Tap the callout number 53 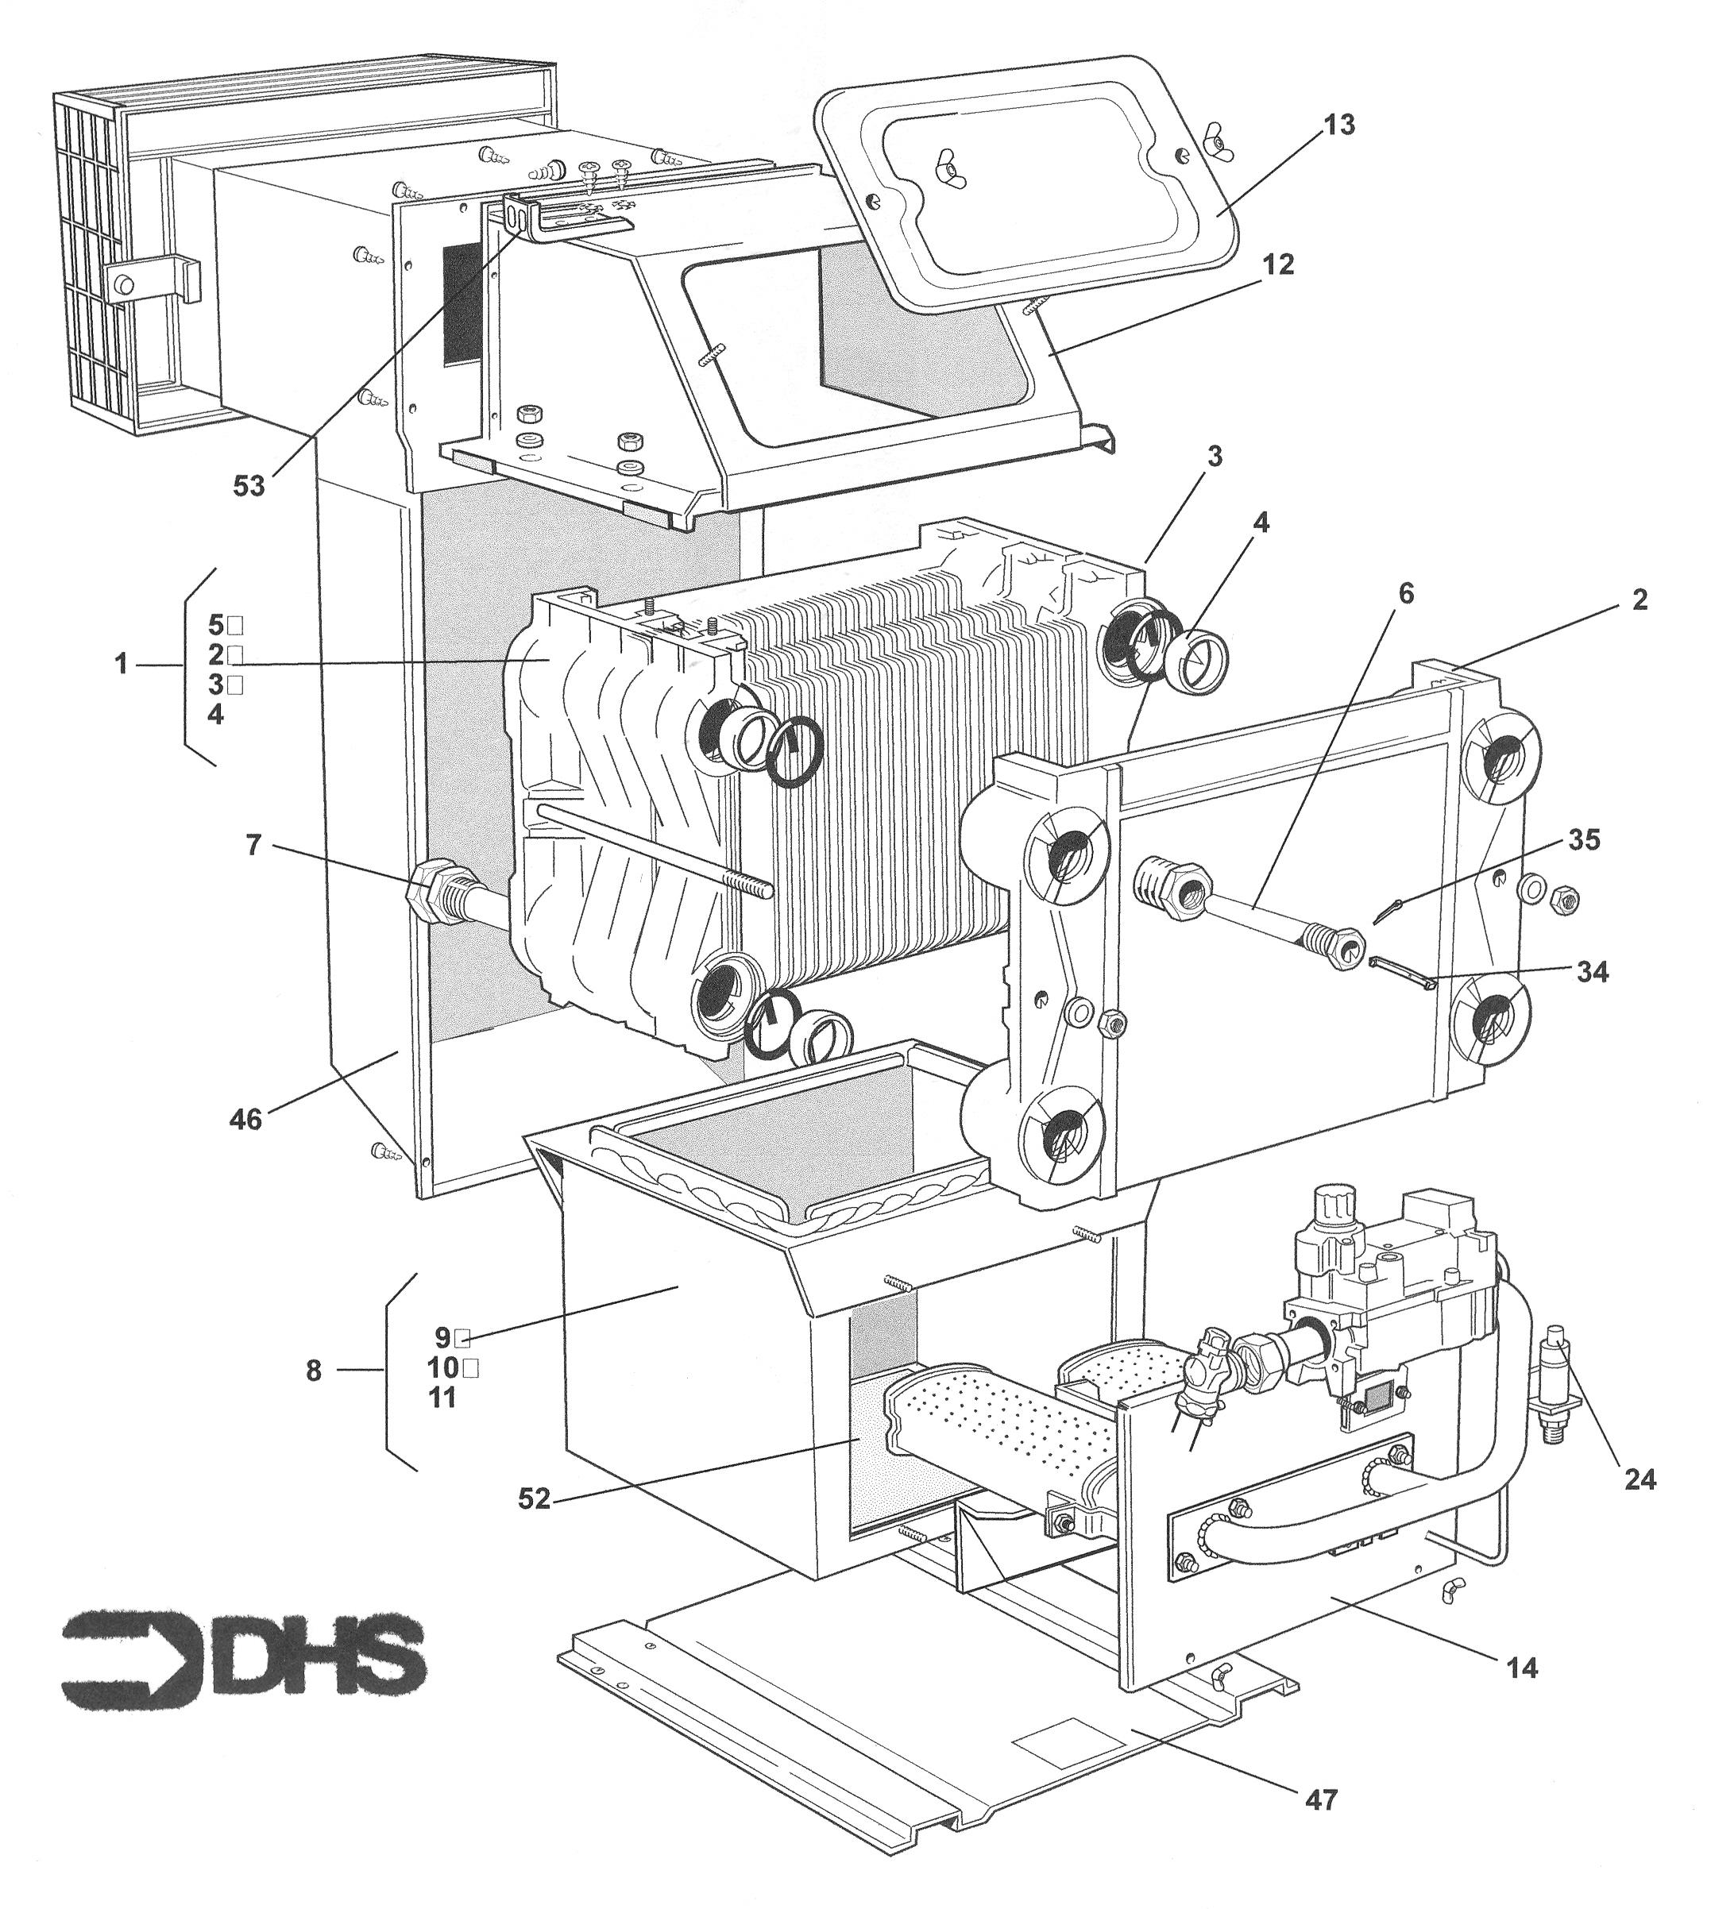coord(250,487)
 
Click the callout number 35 coord(1584,839)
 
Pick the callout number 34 coord(1592,972)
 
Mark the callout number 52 coord(533,1499)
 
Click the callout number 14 coord(1522,1668)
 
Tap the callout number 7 coord(252,845)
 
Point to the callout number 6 coord(1407,593)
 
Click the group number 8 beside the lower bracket coord(314,1371)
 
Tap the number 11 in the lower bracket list coord(442,1398)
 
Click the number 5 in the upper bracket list coord(216,624)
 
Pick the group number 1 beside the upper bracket coord(120,665)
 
